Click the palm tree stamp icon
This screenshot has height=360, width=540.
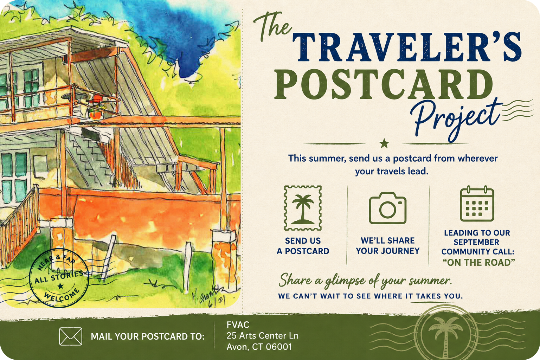coord(303,208)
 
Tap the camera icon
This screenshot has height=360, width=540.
coord(388,208)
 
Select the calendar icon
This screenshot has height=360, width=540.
coord(477,204)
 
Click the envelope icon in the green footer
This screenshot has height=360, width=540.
coord(71,336)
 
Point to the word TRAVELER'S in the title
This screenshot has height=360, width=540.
coord(407,47)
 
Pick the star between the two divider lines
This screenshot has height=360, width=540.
coord(384,144)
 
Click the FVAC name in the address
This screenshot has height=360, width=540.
coord(238,325)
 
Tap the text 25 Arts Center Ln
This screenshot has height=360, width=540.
coord(263,336)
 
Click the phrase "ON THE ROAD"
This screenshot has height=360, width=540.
coord(478,263)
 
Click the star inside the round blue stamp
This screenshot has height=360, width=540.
coord(60,286)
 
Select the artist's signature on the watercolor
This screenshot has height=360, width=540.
coord(209,297)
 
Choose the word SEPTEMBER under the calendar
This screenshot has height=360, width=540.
coord(476,242)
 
